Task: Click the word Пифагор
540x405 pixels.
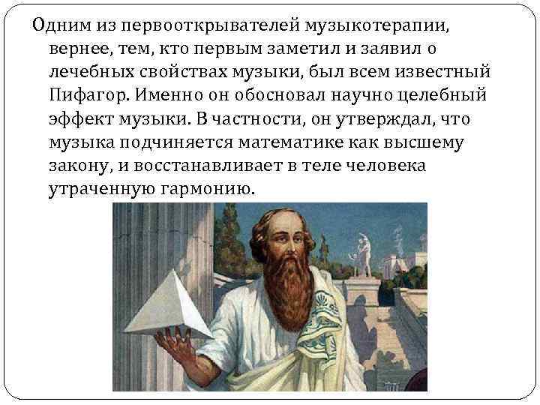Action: tap(82, 95)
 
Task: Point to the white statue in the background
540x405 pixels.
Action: tap(365, 251)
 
